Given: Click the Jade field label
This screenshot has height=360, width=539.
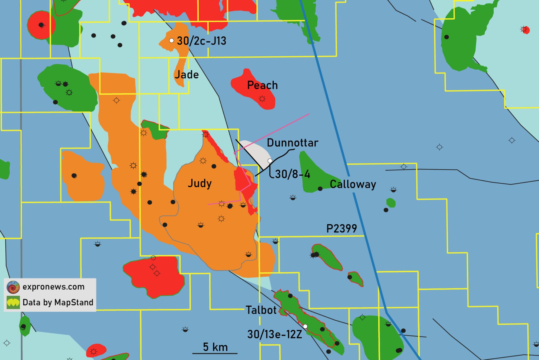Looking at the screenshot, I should point(186,75).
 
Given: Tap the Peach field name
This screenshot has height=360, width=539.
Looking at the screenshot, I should point(262,85).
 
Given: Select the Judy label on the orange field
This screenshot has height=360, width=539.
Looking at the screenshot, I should point(200,183).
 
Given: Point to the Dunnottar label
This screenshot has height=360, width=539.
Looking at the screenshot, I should point(292,143).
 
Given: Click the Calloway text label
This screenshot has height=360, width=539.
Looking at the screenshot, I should point(353,184).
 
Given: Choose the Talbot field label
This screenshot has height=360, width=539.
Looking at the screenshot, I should point(261,310).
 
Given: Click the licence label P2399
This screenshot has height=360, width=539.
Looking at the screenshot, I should point(341,229).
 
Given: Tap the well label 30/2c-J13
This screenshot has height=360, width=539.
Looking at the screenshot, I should point(201,41).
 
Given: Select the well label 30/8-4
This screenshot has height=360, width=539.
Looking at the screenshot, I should point(292,174).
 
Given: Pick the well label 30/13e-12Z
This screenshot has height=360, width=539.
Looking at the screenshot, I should point(275,334).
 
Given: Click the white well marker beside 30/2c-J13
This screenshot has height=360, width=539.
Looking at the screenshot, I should point(171,41).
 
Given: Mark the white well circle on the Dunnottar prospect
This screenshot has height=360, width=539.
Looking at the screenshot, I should point(270,161).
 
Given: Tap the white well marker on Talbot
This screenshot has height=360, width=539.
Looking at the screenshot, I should point(305,326).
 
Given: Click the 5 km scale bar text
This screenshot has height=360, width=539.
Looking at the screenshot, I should point(215,347).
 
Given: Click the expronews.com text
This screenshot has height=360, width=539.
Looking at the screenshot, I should point(53,287).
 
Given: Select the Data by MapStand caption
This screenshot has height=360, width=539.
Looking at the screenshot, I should point(58,302).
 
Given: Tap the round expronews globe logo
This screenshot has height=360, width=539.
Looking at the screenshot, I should point(13,287).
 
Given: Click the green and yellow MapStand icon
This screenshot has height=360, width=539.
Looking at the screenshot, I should point(13,303).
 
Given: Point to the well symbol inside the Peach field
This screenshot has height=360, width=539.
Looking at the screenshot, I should point(262,99).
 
